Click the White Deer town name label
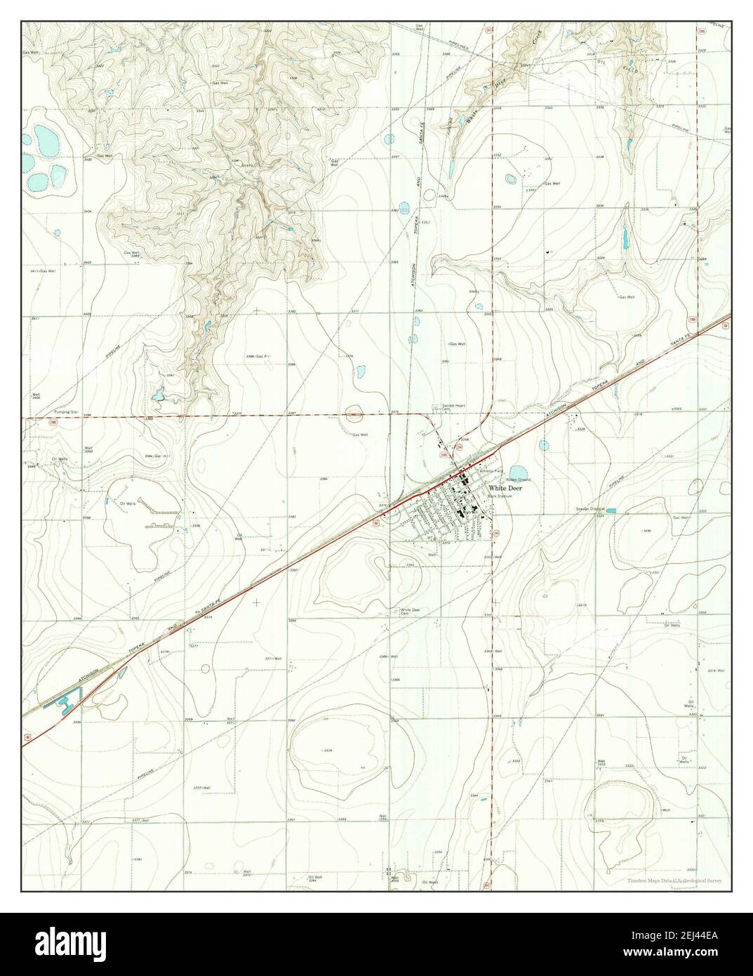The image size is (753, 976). coord(506,487)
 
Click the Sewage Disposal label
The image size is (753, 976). coord(590,508)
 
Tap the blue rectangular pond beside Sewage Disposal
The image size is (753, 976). coord(611,510)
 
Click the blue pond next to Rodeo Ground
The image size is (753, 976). coord(518,471)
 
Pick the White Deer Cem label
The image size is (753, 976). coord(410,611)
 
